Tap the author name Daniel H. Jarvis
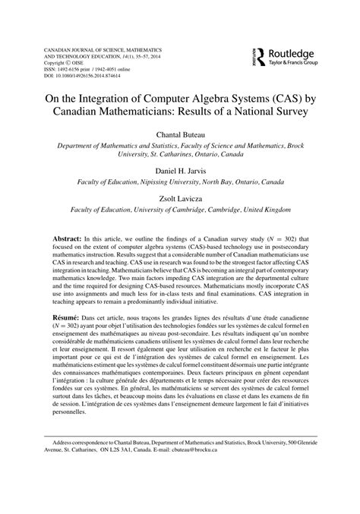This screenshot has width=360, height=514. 179,172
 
